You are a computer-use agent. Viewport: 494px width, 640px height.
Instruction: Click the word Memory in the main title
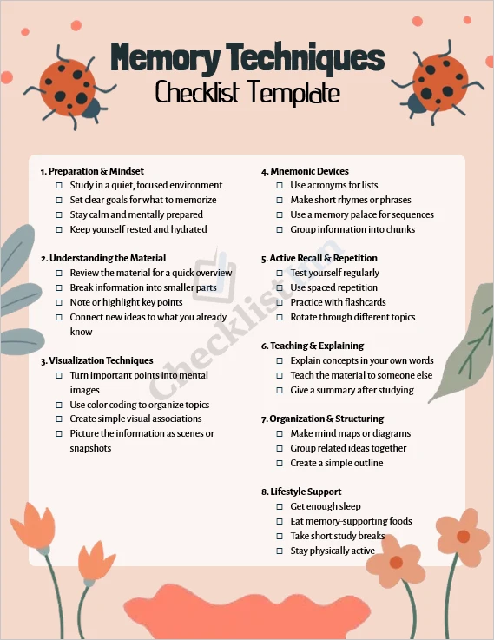click(x=165, y=58)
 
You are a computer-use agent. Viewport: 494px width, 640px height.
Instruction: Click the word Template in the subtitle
click(x=293, y=91)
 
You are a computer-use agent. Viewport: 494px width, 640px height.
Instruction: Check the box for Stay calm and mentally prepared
click(x=59, y=214)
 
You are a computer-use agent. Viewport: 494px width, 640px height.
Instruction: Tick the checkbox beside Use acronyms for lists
click(x=280, y=185)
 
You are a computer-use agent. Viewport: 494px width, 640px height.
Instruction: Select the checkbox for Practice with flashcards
click(x=280, y=302)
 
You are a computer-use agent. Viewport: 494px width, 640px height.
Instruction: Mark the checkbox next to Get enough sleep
click(x=280, y=506)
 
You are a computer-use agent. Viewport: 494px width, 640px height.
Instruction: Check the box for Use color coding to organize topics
click(x=59, y=405)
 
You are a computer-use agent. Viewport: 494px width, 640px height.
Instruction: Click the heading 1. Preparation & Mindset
click(x=92, y=171)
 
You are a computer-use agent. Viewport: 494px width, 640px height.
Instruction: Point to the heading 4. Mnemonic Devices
click(x=305, y=171)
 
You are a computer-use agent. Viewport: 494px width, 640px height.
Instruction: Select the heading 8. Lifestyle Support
click(x=301, y=492)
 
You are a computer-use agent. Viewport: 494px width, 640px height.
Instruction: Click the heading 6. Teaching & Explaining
click(x=312, y=346)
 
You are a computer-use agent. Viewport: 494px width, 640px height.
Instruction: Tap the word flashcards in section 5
click(x=363, y=302)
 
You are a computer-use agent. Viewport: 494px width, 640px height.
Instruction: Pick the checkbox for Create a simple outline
click(x=280, y=463)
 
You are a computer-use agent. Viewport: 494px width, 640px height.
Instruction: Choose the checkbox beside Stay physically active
click(x=280, y=551)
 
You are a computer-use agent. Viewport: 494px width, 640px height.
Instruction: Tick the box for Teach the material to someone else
click(x=280, y=375)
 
